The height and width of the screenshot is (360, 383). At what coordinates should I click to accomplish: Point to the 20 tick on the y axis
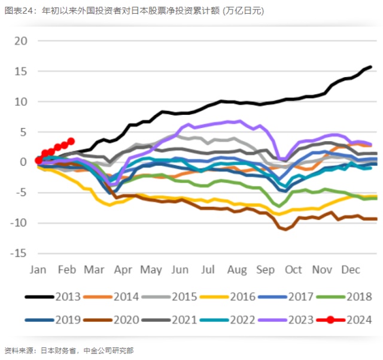point(21,41)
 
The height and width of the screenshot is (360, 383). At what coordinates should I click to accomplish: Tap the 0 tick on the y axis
point(24,162)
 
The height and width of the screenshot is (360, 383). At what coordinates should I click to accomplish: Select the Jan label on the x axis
point(38,270)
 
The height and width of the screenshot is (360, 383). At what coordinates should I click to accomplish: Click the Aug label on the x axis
point(238,270)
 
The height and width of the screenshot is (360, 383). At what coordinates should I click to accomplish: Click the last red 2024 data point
point(71,141)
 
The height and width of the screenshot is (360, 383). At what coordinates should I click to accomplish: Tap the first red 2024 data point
point(38,160)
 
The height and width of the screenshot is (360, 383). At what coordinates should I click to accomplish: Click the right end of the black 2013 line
point(370,67)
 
